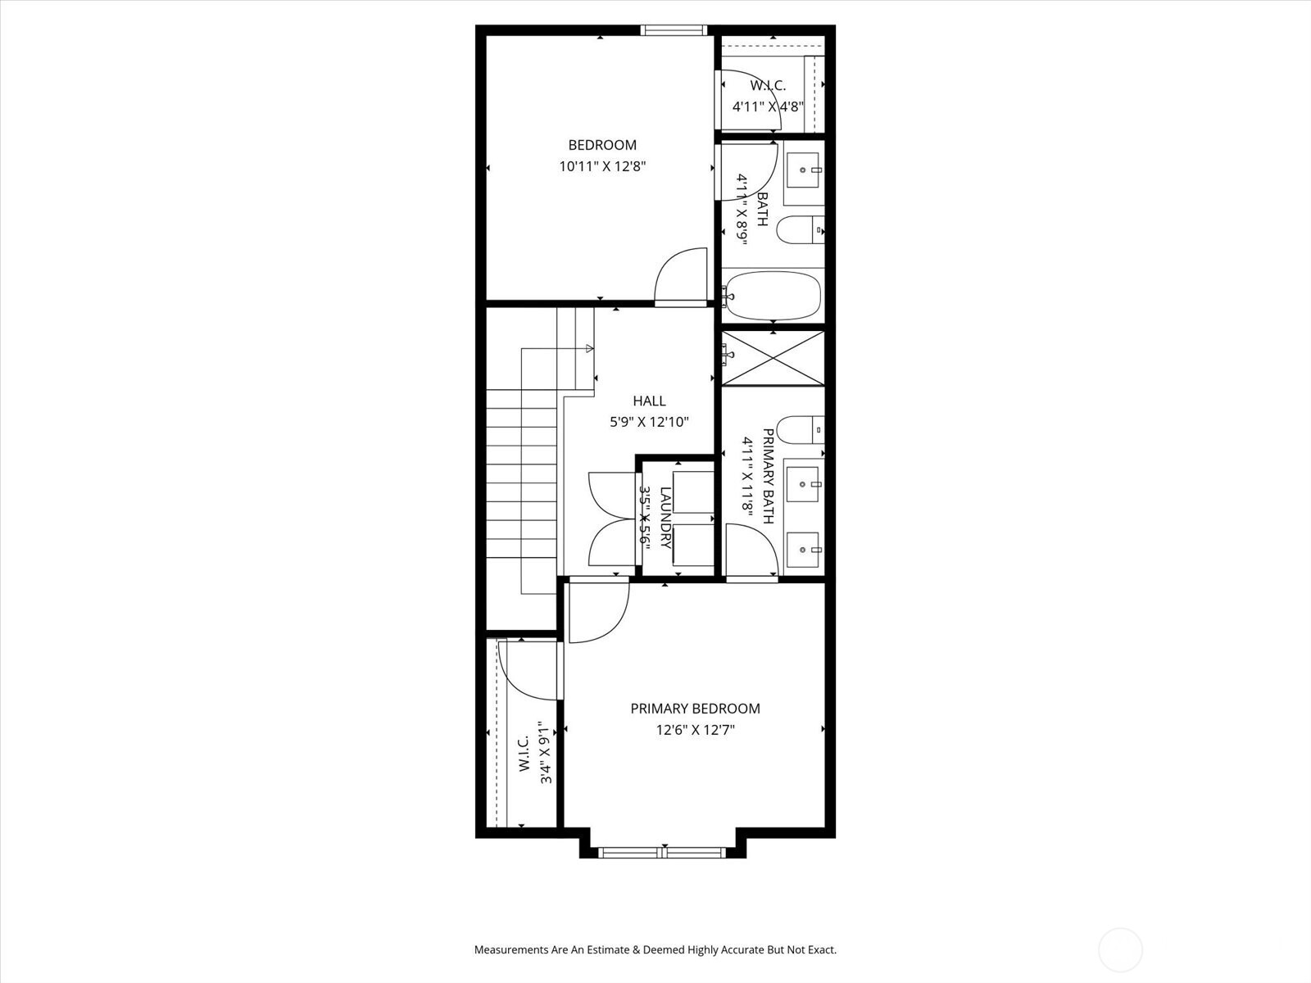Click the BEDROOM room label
(602, 145)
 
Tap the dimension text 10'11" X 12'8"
(602, 166)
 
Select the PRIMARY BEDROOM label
(695, 709)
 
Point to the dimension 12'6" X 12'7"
(695, 730)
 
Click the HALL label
(649, 401)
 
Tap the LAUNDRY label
(665, 518)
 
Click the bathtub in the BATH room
(773, 296)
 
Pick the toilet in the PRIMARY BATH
(797, 429)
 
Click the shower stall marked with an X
(773, 357)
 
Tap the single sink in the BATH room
(804, 170)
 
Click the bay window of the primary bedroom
(662, 853)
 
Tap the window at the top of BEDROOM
(674, 31)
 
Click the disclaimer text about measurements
(655, 950)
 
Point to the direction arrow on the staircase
(589, 349)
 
